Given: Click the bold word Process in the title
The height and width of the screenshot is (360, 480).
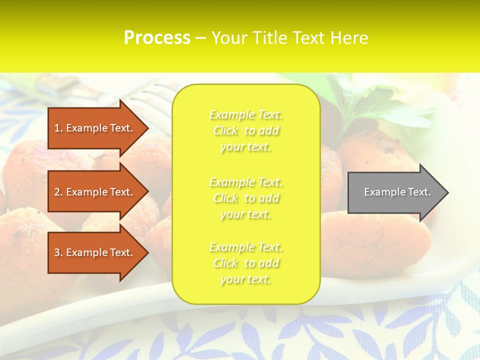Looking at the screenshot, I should coord(157,38).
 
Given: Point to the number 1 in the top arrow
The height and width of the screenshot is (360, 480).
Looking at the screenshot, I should coord(57,128).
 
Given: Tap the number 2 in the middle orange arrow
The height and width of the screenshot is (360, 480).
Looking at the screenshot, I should coord(57,192).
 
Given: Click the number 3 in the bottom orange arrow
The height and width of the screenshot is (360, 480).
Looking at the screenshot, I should coord(57,253).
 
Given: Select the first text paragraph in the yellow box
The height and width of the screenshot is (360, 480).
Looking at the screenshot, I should coord(246,130).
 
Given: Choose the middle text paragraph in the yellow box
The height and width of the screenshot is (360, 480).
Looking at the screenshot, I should coord(246,198).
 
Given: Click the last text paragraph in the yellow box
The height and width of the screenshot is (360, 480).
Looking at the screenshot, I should coord(246,263).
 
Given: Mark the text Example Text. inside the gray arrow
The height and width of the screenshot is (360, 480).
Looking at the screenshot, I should coord(397,192).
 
